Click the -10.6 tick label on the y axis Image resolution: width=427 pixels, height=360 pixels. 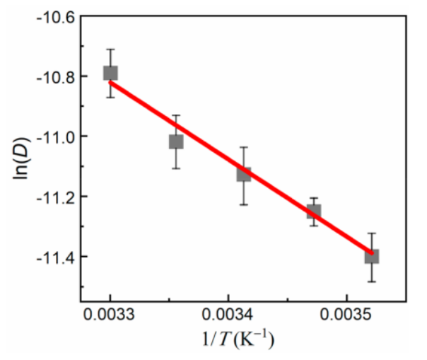[x=54, y=16]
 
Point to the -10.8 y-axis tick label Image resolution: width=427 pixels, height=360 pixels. [x=54, y=76]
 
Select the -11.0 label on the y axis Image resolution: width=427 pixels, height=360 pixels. [x=54, y=136]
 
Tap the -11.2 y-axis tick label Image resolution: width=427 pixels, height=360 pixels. [x=54, y=196]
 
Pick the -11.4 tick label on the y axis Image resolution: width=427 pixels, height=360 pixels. [x=54, y=256]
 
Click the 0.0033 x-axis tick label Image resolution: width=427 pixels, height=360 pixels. [x=110, y=313]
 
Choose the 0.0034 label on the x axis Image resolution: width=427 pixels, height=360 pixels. [x=228, y=313]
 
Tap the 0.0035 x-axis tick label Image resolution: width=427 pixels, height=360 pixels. [x=346, y=313]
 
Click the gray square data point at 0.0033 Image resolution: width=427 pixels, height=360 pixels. [x=110, y=73]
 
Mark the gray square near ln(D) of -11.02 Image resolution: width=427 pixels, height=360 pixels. [x=176, y=141]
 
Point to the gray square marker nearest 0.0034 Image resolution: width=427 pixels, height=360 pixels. [x=244, y=174]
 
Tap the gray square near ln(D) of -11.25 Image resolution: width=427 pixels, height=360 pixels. [x=313, y=211]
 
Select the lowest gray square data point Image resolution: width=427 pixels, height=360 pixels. [x=371, y=256]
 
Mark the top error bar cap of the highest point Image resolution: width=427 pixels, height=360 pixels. [x=110, y=50]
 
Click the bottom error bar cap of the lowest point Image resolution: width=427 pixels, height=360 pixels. [x=371, y=281]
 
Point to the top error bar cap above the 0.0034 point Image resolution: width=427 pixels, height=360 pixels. [x=244, y=147]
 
